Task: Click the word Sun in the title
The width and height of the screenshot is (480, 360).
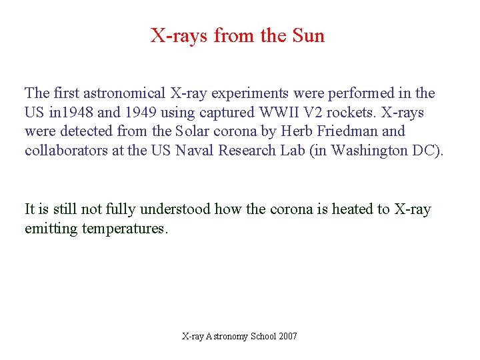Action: [308, 35]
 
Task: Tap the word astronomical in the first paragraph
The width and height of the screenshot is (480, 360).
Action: [122, 93]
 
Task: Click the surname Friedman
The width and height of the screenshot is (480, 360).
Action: [347, 132]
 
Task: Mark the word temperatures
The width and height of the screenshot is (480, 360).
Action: [125, 229]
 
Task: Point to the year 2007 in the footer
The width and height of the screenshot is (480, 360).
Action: [288, 337]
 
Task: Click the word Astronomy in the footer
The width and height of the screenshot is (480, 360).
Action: [227, 337]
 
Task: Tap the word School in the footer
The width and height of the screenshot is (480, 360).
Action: [263, 337]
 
